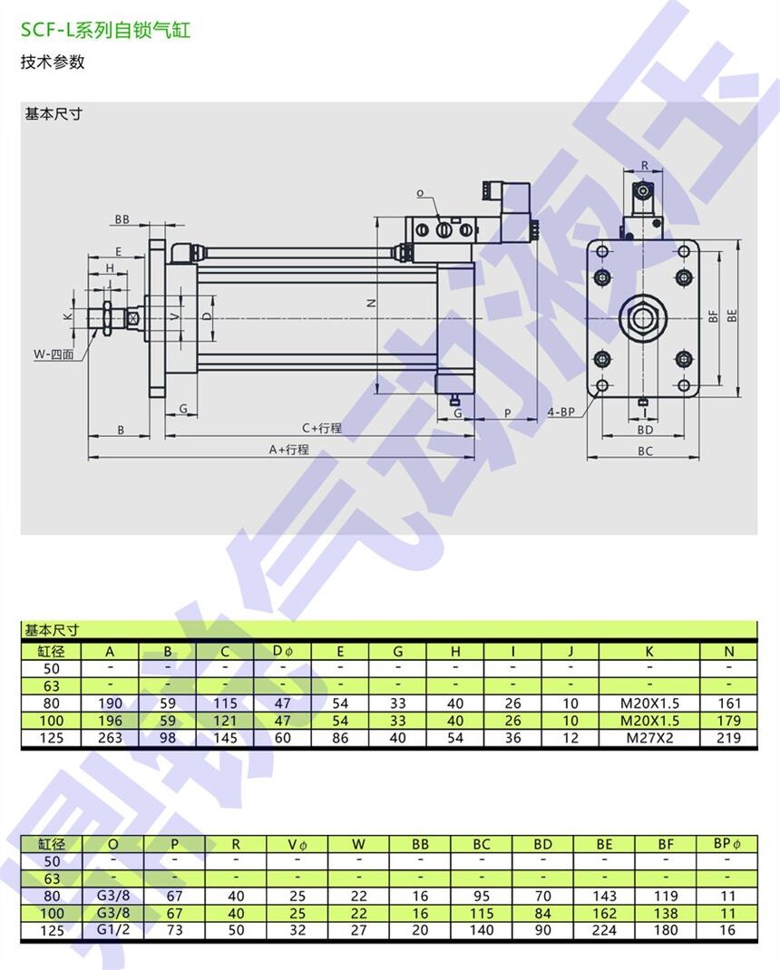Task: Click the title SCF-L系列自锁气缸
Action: tap(106, 30)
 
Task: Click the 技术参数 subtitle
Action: tap(53, 62)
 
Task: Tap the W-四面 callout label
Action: tap(54, 354)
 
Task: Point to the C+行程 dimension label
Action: tap(322, 428)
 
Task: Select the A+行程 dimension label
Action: tap(289, 450)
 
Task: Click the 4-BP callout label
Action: tap(561, 412)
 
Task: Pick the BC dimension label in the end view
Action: tap(645, 451)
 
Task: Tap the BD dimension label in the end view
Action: tap(645, 430)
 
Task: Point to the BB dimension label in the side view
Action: tap(122, 219)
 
